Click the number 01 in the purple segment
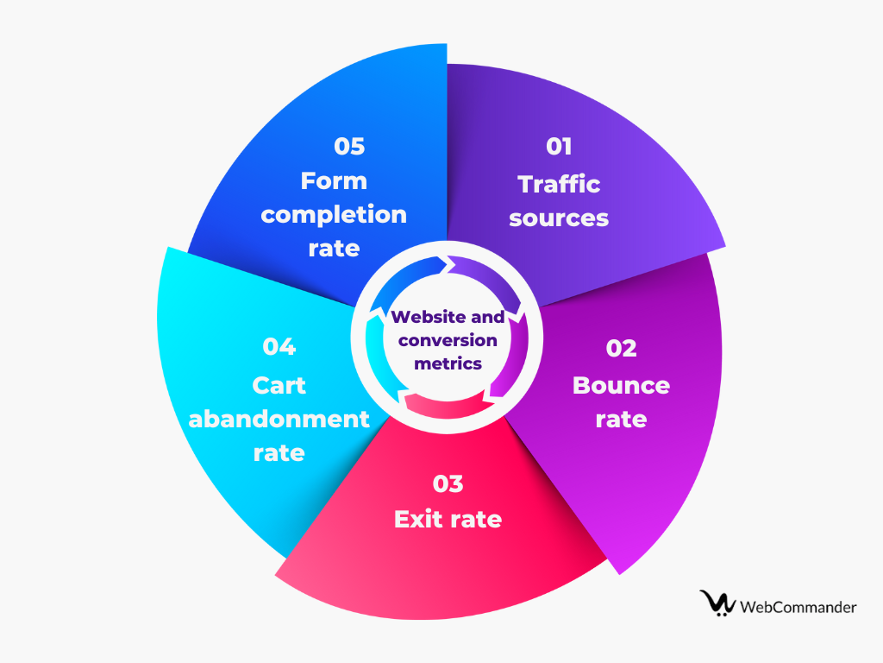pyautogui.click(x=559, y=147)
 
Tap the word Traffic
pyautogui.click(x=559, y=184)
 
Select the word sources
pyautogui.click(x=559, y=218)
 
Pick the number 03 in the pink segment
pyautogui.click(x=448, y=483)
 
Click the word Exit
pyautogui.click(x=416, y=519)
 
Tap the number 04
pyautogui.click(x=279, y=347)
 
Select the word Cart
pyautogui.click(x=279, y=384)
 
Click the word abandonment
pyautogui.click(x=279, y=419)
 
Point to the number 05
pyautogui.click(x=349, y=146)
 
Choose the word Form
pyautogui.click(x=334, y=180)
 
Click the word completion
pyautogui.click(x=334, y=214)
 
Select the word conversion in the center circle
pyautogui.click(x=448, y=340)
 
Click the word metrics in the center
pyautogui.click(x=448, y=363)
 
